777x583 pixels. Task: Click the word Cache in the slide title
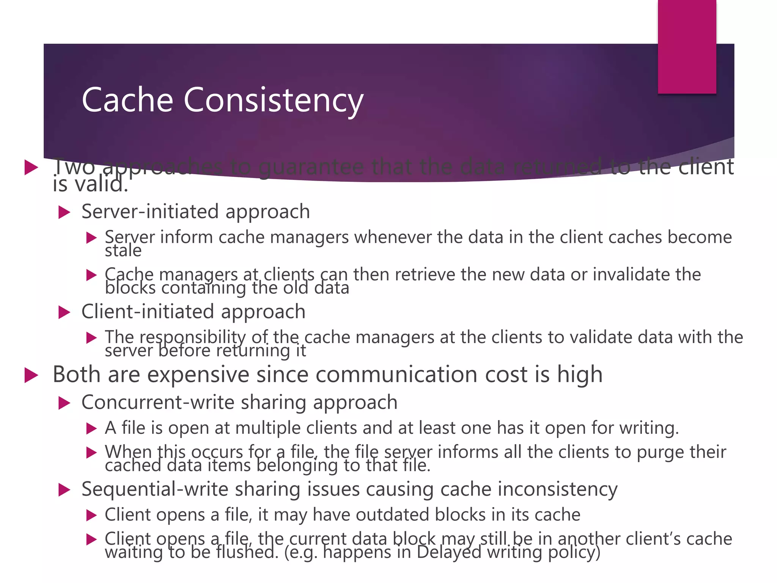pos(127,100)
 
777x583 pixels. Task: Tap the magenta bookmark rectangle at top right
pos(687,47)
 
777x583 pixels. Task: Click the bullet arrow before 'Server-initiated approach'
pos(64,212)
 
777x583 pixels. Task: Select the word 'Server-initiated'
pos(150,211)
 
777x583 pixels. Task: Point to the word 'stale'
pos(123,251)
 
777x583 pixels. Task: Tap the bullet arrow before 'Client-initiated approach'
pos(64,312)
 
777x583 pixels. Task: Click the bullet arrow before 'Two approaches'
pos(31,167)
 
